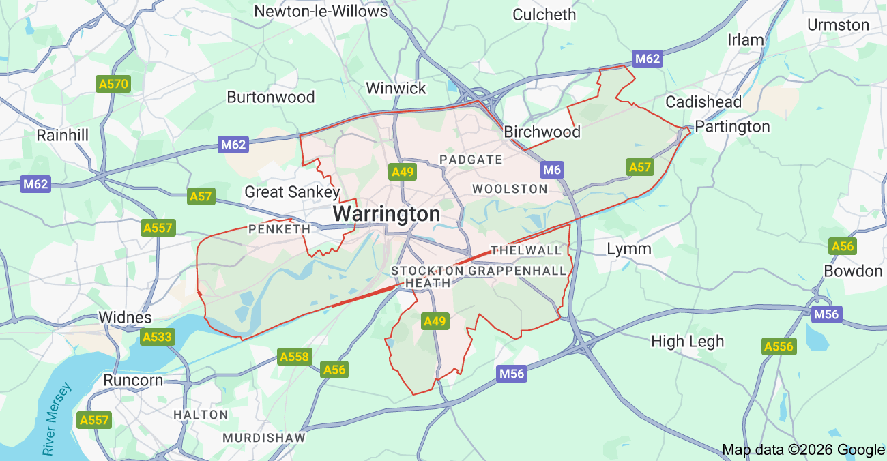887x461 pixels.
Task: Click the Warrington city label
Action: (x=386, y=214)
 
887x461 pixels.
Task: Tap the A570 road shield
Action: (x=113, y=84)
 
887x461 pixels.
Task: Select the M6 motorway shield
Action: (x=551, y=170)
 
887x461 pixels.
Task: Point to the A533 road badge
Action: (x=158, y=336)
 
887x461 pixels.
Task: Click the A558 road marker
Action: (x=295, y=357)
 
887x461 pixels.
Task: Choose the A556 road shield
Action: (x=779, y=346)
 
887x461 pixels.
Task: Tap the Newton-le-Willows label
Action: (x=321, y=12)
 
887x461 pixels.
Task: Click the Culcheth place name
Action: (x=544, y=14)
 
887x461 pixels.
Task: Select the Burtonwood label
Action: (x=271, y=97)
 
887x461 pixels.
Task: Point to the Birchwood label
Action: (x=542, y=132)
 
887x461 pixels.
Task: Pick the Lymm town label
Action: (x=629, y=248)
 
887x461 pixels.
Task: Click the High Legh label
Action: (x=687, y=341)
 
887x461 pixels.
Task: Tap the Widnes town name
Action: (x=125, y=317)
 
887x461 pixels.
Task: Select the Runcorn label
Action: (x=133, y=380)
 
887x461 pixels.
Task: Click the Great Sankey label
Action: (x=292, y=192)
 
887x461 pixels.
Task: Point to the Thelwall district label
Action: (x=525, y=250)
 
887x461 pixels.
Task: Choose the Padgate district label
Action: (x=471, y=160)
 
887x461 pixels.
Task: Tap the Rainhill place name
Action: (x=63, y=135)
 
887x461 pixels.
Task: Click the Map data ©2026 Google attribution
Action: (x=803, y=449)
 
